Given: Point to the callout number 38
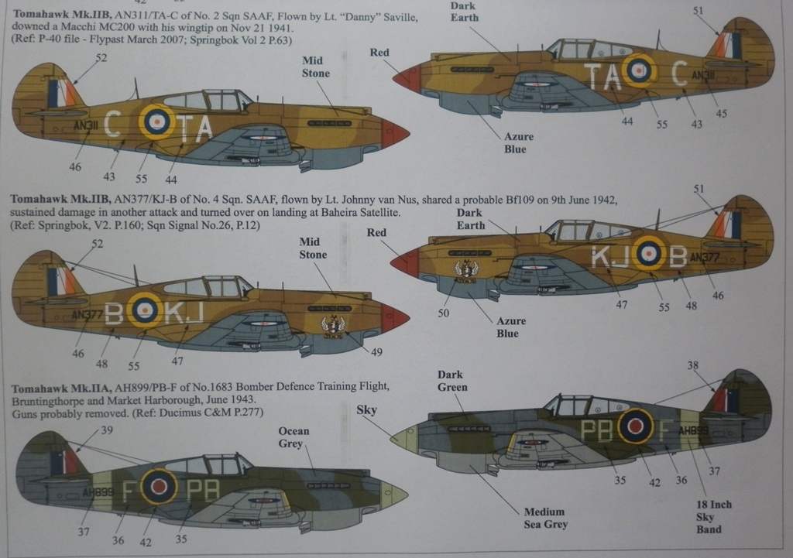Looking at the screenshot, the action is click(693, 365).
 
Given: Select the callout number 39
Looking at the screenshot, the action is click(107, 430).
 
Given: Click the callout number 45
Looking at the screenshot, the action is click(722, 114).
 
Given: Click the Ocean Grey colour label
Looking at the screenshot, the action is click(294, 437).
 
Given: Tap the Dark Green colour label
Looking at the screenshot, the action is click(452, 381).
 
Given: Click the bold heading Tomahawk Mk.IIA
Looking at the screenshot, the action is click(54, 387).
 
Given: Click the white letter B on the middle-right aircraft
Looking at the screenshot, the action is click(677, 256).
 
